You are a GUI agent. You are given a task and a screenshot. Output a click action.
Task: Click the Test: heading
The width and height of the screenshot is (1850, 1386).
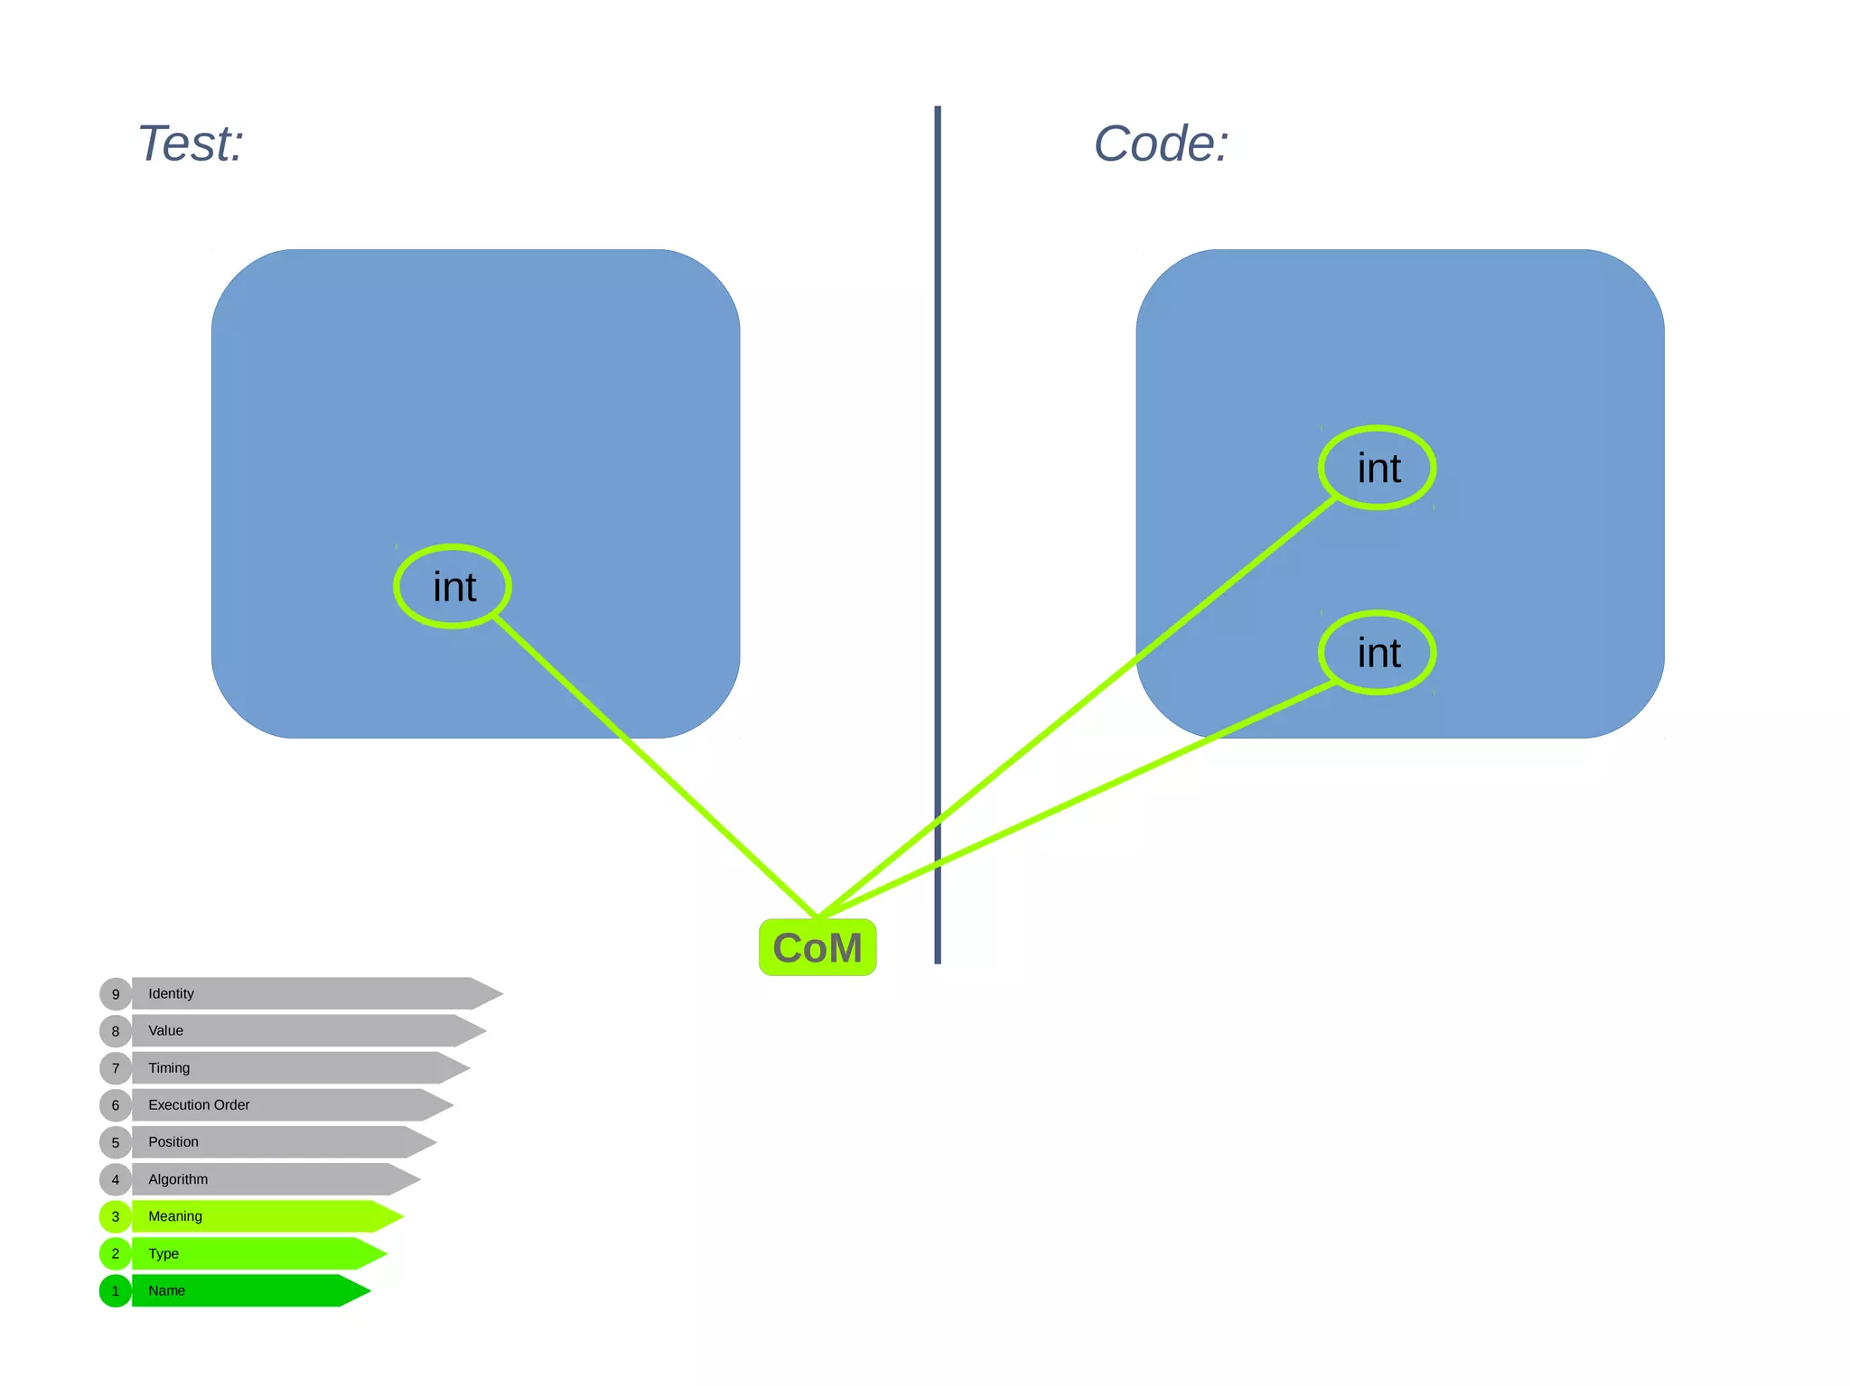point(191,144)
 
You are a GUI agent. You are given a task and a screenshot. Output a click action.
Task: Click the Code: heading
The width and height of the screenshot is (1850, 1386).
point(1161,144)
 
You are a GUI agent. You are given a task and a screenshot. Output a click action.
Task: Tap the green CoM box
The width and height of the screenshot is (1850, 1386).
point(818,947)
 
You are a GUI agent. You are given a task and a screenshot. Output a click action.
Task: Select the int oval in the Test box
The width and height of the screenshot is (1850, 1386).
point(453,587)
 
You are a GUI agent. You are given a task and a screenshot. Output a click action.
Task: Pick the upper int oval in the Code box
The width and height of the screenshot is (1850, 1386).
point(1378,468)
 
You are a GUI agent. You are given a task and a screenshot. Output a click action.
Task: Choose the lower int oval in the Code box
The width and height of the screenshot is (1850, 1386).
point(1378,653)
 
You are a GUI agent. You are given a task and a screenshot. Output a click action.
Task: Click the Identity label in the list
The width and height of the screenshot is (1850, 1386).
point(171,993)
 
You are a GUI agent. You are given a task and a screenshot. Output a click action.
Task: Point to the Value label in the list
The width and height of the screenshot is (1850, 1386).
point(165,1030)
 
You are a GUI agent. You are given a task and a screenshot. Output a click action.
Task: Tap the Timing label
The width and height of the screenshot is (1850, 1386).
point(169,1067)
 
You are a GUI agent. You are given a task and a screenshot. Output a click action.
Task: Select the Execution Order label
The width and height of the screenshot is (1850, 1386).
point(199,1104)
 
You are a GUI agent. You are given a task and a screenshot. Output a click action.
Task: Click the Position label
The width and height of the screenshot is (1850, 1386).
point(173,1141)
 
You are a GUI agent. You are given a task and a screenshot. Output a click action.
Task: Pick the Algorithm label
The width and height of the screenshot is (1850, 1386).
point(178,1179)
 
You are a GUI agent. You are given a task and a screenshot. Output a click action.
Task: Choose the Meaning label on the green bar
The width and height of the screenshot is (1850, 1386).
point(175,1216)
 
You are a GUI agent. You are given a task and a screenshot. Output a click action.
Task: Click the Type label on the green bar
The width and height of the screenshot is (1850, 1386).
point(164,1253)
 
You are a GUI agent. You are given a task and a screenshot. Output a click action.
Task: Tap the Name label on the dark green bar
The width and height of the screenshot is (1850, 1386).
point(166,1290)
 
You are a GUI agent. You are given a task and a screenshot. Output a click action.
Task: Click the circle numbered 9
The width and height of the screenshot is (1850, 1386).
point(116,993)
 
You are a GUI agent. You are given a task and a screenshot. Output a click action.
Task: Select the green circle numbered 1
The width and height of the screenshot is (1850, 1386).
point(116,1290)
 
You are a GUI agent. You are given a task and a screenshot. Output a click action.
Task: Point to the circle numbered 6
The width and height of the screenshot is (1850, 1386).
point(116,1104)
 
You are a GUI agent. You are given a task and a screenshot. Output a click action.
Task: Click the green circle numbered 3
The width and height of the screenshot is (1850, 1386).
point(116,1216)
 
